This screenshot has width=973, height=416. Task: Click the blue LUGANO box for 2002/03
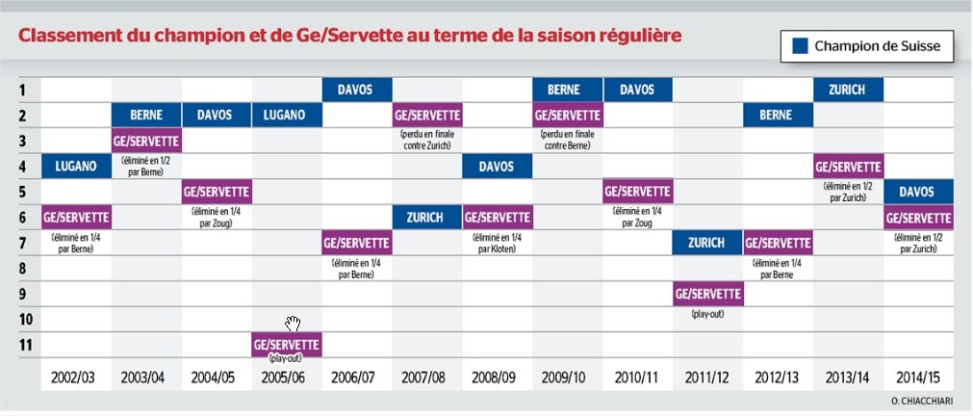(x=76, y=166)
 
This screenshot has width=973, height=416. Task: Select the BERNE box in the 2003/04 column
(x=146, y=115)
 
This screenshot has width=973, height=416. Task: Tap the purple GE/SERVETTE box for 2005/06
(x=287, y=343)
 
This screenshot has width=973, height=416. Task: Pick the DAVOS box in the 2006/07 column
(x=356, y=90)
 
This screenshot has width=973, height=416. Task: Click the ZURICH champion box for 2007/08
(x=426, y=217)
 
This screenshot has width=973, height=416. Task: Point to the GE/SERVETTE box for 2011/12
(x=707, y=293)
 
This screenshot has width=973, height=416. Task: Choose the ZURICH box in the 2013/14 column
(x=848, y=90)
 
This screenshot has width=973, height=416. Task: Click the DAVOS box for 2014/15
(x=917, y=191)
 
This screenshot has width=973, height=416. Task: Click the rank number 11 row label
(x=26, y=344)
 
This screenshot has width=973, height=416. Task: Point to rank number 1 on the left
(x=26, y=90)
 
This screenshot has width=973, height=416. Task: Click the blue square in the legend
(x=799, y=46)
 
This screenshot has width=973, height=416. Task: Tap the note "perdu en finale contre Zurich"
(x=426, y=140)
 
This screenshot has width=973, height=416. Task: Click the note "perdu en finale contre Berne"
(x=568, y=140)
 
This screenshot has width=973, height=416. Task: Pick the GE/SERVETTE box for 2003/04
(x=146, y=141)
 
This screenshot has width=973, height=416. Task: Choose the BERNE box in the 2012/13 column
(x=778, y=115)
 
